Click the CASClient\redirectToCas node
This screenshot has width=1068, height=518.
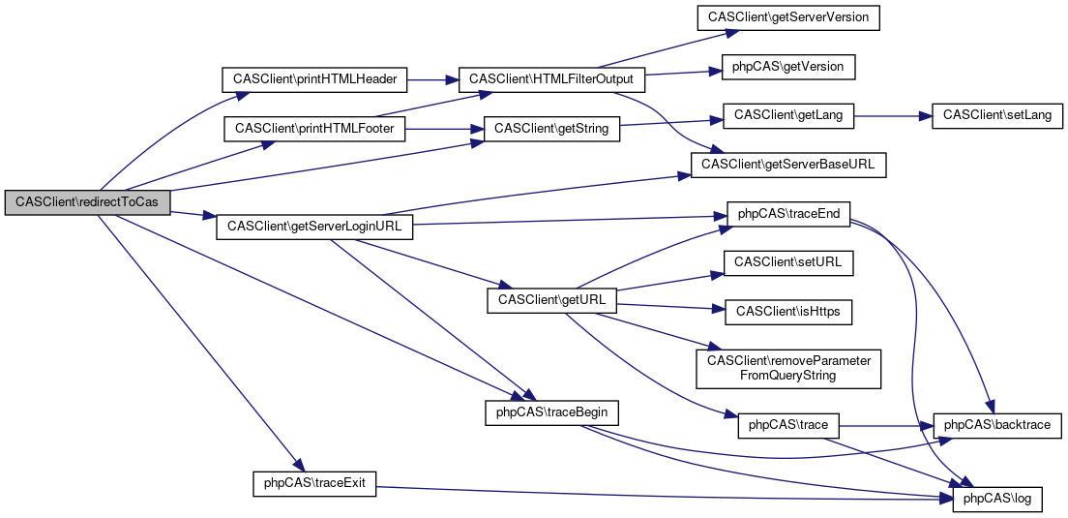(x=87, y=202)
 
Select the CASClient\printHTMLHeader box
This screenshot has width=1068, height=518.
(x=315, y=78)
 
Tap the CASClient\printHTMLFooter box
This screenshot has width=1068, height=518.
(x=314, y=128)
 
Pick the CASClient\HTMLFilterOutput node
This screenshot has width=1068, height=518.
(x=550, y=78)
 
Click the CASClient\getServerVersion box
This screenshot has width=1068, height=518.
(x=788, y=17)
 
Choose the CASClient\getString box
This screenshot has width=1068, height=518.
(x=551, y=128)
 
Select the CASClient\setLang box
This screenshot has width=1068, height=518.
(x=996, y=115)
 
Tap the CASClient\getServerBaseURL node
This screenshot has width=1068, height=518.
(x=787, y=165)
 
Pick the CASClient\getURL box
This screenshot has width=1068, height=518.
(x=551, y=300)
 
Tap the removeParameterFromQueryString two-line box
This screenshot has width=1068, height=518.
(x=788, y=367)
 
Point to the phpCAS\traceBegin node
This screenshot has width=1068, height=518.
(x=551, y=411)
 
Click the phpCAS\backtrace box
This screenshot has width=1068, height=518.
(x=996, y=424)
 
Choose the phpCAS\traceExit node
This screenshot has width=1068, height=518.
(x=314, y=482)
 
